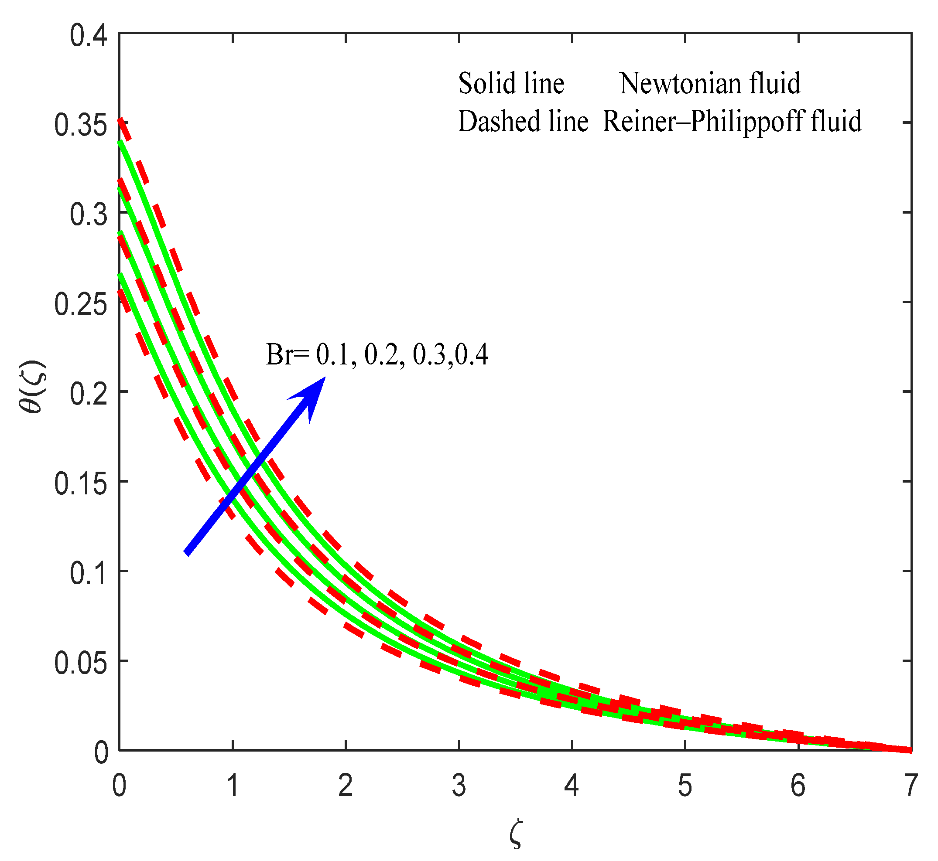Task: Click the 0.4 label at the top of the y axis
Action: [x=89, y=36]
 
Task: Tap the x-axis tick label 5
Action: [x=685, y=786]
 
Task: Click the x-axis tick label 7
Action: [x=910, y=786]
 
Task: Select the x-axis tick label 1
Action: [x=233, y=786]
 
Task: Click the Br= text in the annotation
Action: [x=287, y=354]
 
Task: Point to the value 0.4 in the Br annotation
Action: [x=472, y=354]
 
